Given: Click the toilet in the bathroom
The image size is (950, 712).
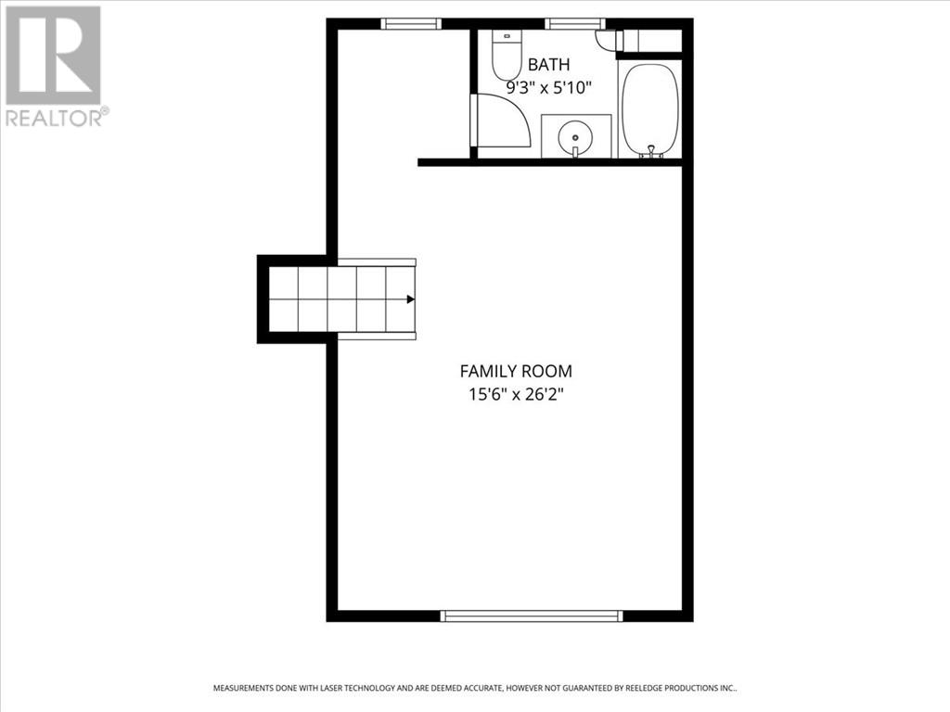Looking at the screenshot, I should click(507, 57).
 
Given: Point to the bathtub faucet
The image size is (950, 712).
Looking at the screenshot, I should click(651, 150).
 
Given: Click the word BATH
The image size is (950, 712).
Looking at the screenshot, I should click(549, 65).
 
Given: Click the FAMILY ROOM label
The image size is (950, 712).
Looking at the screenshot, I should click(516, 371).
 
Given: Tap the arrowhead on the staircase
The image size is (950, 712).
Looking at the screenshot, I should click(410, 299).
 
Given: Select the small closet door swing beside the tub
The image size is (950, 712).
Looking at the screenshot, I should click(608, 41).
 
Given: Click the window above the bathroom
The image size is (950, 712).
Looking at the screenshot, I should click(574, 24).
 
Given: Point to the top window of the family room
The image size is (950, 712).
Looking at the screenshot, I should click(411, 24).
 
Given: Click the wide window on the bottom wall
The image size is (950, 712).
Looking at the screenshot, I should click(532, 616).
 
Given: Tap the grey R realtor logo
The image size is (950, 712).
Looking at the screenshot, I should click(53, 55).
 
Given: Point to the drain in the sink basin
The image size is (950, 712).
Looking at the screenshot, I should click(575, 137).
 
